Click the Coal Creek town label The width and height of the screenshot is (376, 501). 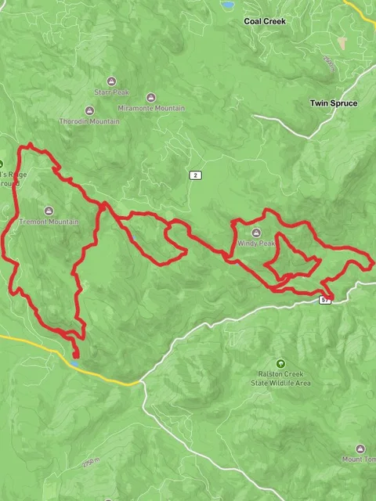pos(264,21)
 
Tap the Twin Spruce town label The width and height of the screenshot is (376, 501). pos(333,103)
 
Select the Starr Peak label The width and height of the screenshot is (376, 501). pos(110,92)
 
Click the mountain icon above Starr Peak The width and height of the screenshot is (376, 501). pos(110,81)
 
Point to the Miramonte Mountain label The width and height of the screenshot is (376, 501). pos(151,108)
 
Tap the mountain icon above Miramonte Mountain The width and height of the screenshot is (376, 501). pos(151,97)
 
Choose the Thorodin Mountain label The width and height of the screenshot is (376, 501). pos(89,121)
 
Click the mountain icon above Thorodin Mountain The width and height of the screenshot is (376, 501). pos(89,110)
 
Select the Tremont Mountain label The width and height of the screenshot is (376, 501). pos(49,222)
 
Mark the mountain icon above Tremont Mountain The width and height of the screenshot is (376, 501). pos(49,211)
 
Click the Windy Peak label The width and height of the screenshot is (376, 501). pos(257,244)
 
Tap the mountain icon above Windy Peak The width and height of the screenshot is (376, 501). pos(257,233)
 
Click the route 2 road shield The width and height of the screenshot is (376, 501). pos(194,175)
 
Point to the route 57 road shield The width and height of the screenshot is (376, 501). pos(325,300)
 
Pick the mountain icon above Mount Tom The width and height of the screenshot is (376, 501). pos(360,449)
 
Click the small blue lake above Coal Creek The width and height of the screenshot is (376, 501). pos(228,5)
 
